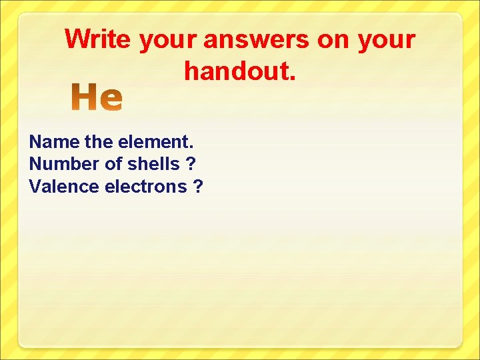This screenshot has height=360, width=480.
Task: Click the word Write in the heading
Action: point(99,40)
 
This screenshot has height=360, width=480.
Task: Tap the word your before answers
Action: point(169,41)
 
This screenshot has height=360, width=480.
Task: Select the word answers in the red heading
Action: point(257,40)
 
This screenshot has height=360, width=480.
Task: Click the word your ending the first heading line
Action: point(387,41)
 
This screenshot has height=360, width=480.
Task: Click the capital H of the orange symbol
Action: point(86,99)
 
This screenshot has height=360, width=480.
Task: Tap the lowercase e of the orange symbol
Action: point(111,101)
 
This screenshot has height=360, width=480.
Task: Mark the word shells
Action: point(153,164)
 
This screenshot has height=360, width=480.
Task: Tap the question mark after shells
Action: point(191,164)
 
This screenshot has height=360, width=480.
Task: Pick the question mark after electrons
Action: point(198,187)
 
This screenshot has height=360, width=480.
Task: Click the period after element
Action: point(192,147)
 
